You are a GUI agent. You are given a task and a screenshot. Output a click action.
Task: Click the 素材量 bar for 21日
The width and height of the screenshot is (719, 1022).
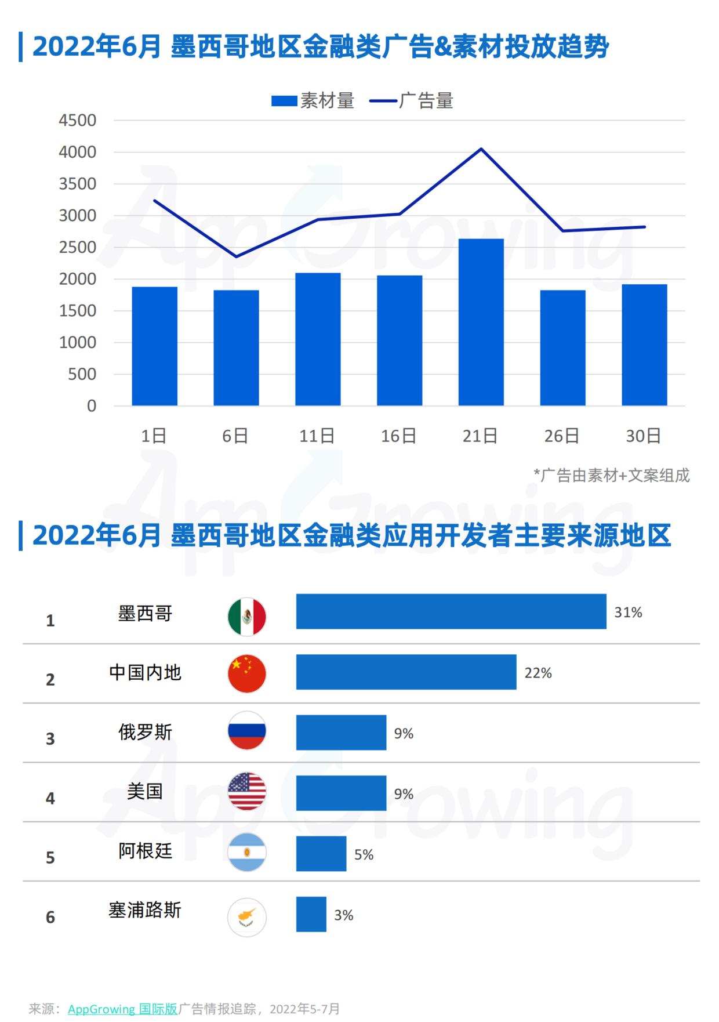pyautogui.click(x=481, y=322)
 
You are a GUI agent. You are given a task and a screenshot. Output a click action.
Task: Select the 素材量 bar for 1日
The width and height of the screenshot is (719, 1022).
pyautogui.click(x=154, y=346)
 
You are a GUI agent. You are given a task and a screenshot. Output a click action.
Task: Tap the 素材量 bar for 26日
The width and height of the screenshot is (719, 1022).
pyautogui.click(x=562, y=347)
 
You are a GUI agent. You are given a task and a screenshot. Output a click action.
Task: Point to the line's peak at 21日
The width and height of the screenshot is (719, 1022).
pyautogui.click(x=481, y=149)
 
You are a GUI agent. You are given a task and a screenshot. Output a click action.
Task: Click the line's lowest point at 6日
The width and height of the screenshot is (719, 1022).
pyautogui.click(x=236, y=256)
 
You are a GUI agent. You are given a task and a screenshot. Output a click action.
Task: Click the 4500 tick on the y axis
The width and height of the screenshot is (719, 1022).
pyautogui.click(x=78, y=121)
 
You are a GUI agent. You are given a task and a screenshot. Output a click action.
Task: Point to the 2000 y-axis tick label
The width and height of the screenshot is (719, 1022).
pyautogui.click(x=78, y=279)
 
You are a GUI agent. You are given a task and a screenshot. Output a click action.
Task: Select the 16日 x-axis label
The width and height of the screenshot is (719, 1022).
pyautogui.click(x=398, y=436)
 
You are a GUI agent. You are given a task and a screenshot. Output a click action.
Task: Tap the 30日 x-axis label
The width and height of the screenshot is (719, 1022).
pyautogui.click(x=644, y=436)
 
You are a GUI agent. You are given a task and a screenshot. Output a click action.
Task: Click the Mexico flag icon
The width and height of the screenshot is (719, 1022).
pyautogui.click(x=247, y=616)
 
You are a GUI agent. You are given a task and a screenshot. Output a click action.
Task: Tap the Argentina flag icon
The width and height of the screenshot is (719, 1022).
pyautogui.click(x=247, y=853)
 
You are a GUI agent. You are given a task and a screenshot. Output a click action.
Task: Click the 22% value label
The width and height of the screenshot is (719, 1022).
pyautogui.click(x=538, y=673)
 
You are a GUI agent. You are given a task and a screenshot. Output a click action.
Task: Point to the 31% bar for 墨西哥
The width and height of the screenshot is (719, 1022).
pyautogui.click(x=451, y=611)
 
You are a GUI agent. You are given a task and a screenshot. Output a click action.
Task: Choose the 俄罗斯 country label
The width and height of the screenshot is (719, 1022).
pyautogui.click(x=146, y=732)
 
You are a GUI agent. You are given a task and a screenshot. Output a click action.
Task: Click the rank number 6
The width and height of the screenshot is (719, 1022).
pyautogui.click(x=50, y=917)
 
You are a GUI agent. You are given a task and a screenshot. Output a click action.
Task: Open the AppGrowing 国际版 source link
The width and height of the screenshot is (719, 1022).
pyautogui.click(x=123, y=1009)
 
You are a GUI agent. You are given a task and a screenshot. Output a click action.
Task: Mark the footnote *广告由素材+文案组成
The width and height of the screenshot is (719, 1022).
pyautogui.click(x=612, y=476)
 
